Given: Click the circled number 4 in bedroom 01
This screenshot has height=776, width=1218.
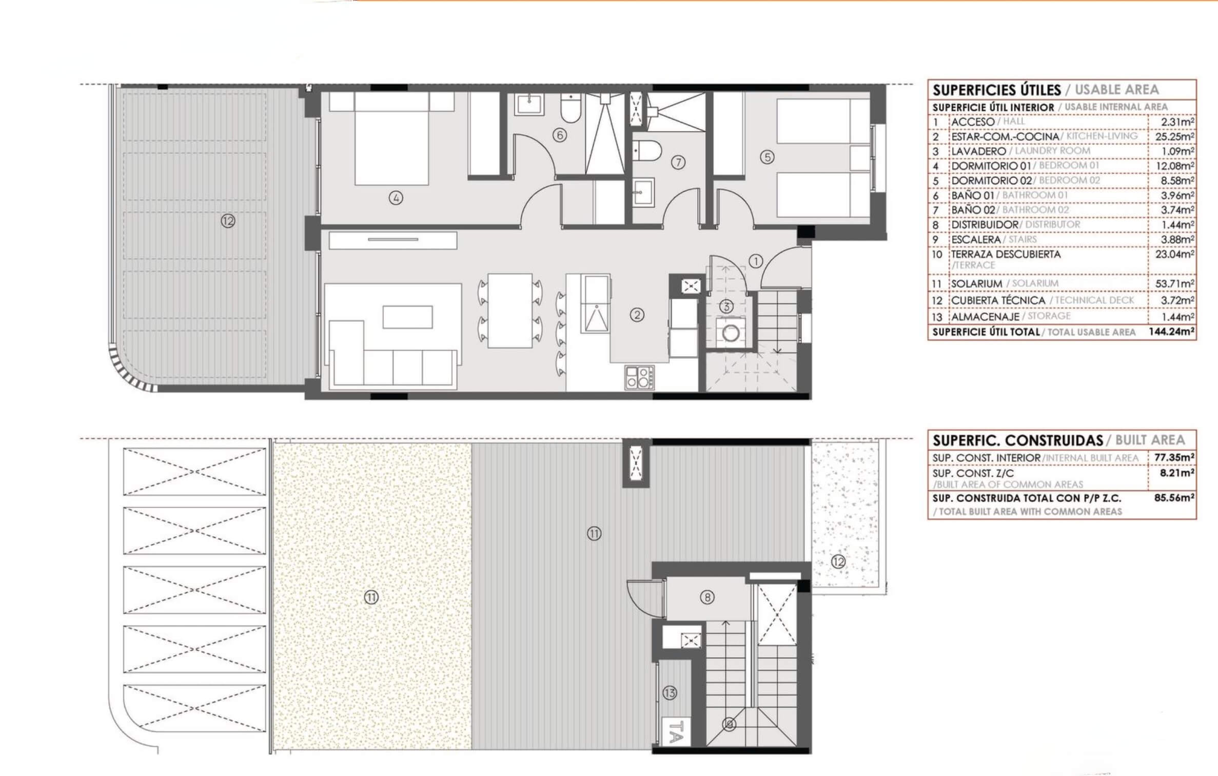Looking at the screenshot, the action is pos(396,198).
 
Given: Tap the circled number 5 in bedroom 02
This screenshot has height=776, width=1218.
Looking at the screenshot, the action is pos(767,157).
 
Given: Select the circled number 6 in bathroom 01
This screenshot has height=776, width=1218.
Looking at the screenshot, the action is pos(559,135).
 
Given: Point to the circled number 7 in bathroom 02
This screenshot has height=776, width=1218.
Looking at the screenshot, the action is pos(678,163).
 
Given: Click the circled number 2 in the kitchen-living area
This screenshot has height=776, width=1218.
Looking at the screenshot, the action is pos(637,315).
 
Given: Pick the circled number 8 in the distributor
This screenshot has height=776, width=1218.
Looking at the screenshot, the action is pos(707,597).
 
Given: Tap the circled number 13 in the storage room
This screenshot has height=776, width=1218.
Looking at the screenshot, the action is pos(670,693).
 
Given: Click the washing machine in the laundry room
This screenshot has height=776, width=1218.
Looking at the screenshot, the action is pos(731,333).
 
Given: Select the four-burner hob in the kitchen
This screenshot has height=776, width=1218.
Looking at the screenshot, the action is pos(639,377).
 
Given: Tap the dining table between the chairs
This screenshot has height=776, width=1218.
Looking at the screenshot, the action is pos(509,311).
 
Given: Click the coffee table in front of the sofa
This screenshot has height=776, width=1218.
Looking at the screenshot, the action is pos(407,317).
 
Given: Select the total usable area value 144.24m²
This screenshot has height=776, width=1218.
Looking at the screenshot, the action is pos(1171,332).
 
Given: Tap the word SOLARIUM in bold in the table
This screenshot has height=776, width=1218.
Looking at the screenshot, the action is pos(976,284).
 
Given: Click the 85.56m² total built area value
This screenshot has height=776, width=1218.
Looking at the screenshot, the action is pos(1174,497).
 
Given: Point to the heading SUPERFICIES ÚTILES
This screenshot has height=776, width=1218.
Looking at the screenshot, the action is pos(996,90).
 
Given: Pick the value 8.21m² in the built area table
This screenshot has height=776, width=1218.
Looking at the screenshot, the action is pos(1177,473).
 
